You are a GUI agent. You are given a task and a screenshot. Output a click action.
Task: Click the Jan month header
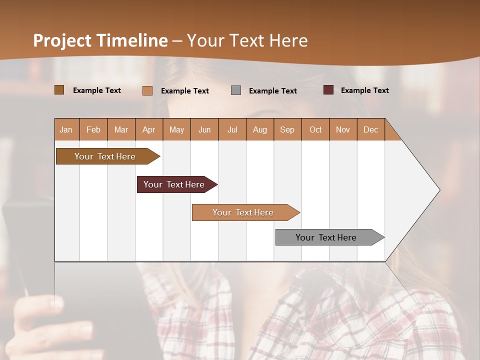[66, 129]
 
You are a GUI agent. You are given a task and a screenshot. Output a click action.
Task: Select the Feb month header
[93, 129]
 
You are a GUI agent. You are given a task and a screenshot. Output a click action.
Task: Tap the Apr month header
[149, 129]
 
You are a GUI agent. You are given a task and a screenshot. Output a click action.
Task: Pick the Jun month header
[204, 129]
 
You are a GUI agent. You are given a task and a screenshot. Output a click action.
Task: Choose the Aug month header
[260, 129]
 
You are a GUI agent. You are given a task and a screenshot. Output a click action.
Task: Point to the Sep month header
[287, 129]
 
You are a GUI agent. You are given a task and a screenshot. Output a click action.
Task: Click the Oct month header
[315, 129]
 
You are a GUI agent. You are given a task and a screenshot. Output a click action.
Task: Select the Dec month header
[371, 129]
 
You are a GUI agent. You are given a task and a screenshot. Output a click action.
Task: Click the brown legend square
[59, 90]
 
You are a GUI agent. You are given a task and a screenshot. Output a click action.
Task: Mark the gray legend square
[236, 90]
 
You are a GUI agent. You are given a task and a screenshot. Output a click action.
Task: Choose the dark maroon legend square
[328, 90]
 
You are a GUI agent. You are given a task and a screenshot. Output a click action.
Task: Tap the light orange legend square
[147, 90]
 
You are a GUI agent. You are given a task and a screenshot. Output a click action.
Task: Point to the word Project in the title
[62, 40]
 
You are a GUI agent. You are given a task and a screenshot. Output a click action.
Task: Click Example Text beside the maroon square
[364, 90]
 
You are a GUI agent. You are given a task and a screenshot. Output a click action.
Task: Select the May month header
[176, 129]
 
